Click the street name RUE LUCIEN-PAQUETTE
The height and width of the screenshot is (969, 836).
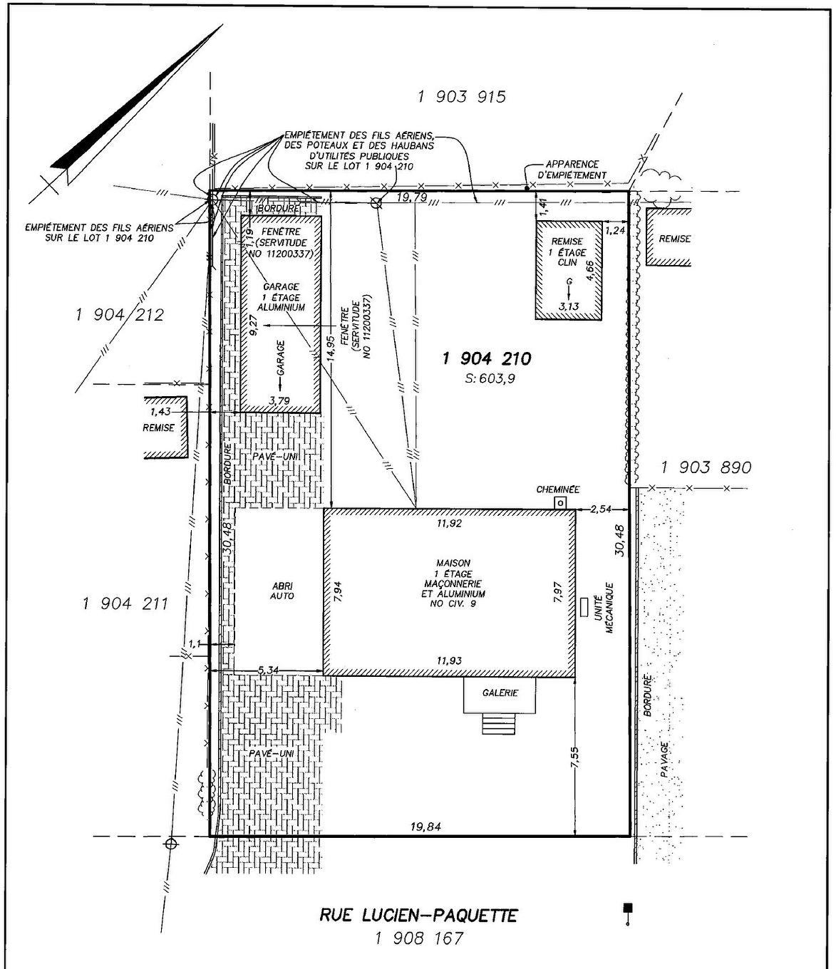(418, 915)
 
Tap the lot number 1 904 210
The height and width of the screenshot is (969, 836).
(487, 359)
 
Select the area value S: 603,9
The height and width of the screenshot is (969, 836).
(490, 379)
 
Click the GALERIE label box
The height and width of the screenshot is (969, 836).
(500, 693)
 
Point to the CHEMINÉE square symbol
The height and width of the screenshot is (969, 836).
(562, 503)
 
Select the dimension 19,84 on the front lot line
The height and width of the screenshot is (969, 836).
(425, 826)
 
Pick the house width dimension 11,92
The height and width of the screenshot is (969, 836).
(449, 524)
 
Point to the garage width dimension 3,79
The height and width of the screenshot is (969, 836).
(280, 400)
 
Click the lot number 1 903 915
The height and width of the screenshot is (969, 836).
(462, 97)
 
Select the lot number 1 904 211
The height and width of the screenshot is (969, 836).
(125, 604)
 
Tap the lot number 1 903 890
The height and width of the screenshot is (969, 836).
(706, 467)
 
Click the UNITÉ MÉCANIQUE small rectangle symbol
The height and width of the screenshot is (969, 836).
(584, 607)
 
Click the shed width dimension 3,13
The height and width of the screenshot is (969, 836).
(569, 307)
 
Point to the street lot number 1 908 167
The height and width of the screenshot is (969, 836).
(418, 938)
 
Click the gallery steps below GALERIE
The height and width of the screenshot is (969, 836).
(498, 725)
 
